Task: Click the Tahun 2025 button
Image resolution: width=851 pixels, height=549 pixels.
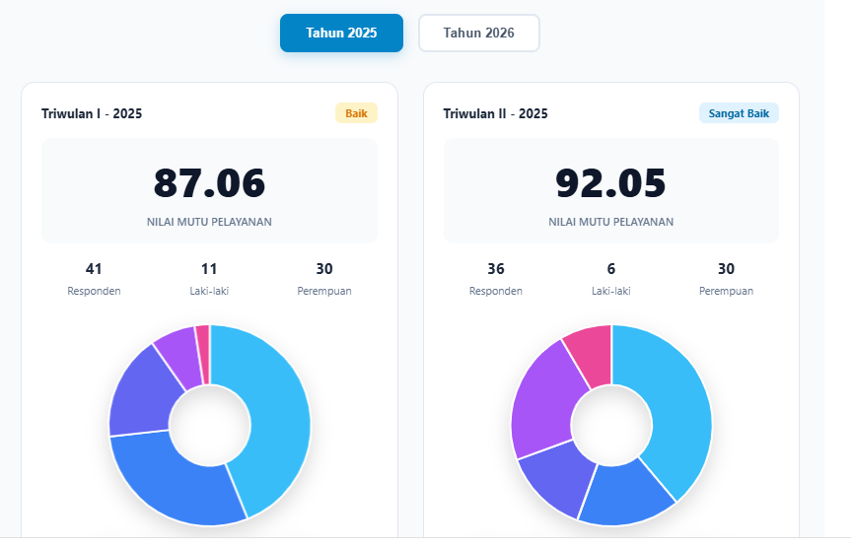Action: point(341,34)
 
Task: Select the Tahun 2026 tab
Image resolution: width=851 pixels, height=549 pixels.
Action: point(478,34)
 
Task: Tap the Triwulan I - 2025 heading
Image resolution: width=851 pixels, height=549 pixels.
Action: point(92,113)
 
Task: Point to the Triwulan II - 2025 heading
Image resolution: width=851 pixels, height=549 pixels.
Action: point(495,113)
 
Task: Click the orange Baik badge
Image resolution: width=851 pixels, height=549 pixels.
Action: point(356,113)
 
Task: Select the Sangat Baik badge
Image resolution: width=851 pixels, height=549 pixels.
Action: point(739,113)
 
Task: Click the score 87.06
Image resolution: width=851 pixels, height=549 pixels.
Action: point(209,182)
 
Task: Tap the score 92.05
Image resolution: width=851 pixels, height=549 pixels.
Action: point(610,182)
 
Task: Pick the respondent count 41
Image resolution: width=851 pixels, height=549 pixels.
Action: point(94,268)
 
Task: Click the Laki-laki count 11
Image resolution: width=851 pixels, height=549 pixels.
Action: point(209,268)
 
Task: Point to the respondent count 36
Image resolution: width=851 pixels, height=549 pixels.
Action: point(495,268)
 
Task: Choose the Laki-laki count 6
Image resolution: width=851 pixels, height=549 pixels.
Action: point(611,268)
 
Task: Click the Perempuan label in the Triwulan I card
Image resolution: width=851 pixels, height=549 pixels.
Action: point(324,292)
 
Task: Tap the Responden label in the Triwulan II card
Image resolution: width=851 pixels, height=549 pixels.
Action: point(495,292)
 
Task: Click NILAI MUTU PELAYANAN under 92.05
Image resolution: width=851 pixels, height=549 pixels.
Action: point(610,222)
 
